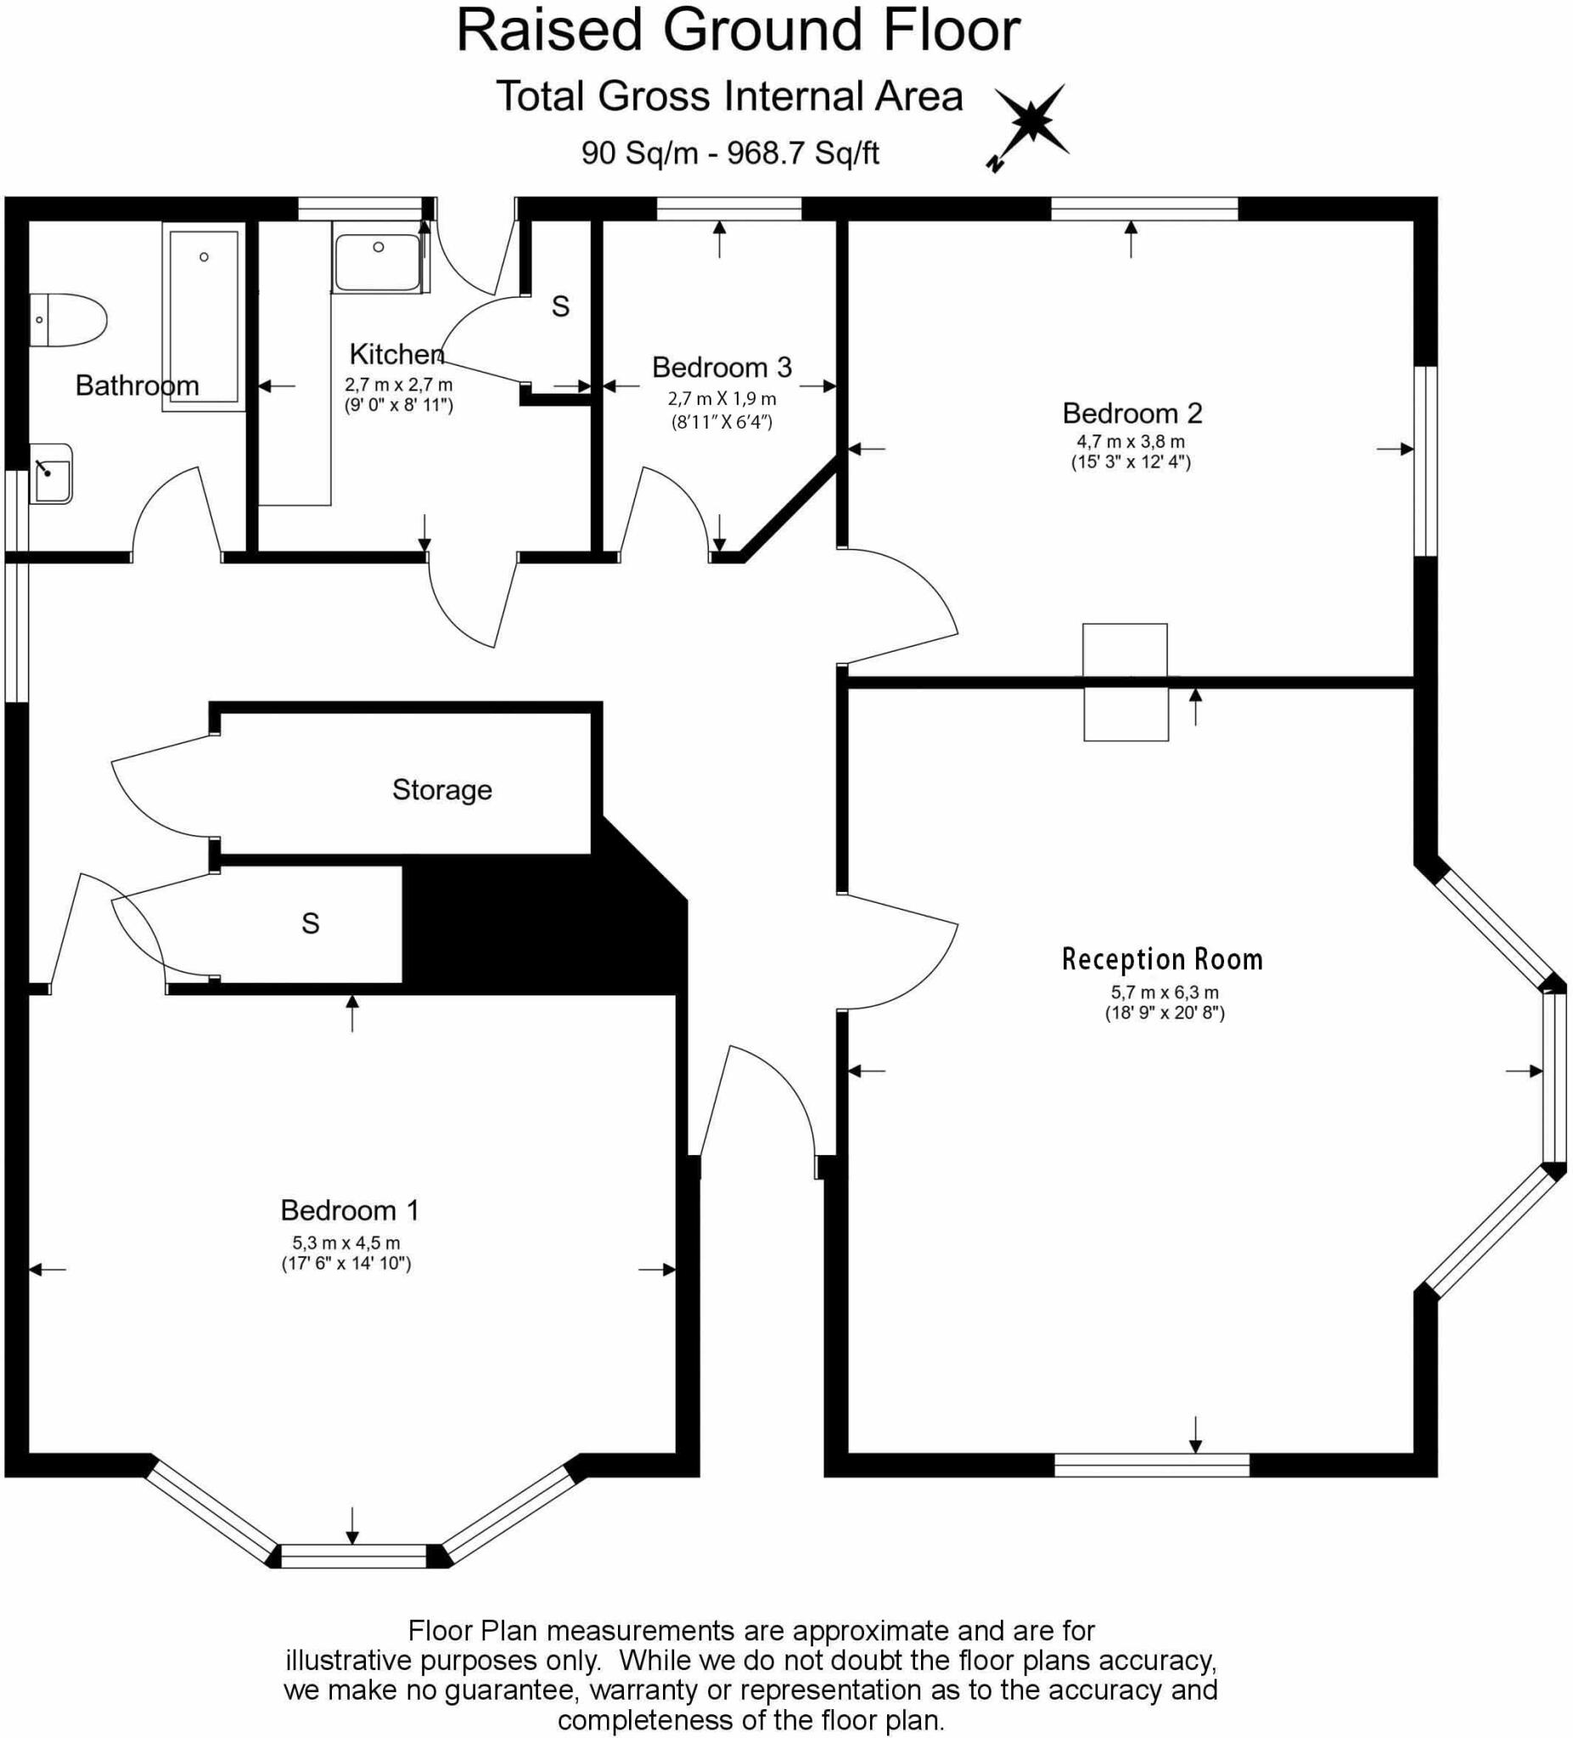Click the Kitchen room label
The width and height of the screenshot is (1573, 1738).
tap(396, 354)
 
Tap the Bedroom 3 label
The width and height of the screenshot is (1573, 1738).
tap(721, 367)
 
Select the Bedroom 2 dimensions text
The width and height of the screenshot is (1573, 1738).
tap(1130, 451)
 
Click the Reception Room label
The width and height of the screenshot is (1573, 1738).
tap(1161, 960)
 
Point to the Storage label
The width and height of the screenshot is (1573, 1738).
tap(441, 790)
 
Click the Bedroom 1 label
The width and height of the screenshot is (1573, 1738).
tap(349, 1210)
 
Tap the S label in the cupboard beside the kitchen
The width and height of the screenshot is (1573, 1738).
tap(560, 306)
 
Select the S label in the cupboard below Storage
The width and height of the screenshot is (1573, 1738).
tap(311, 923)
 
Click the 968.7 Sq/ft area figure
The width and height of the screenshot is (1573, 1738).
tap(803, 154)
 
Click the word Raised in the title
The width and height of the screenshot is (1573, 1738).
tap(549, 31)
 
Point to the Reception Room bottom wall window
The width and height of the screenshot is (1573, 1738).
tap(1151, 1465)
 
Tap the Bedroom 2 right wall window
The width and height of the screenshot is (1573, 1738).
tap(1424, 460)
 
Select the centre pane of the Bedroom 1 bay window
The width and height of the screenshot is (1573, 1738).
tap(354, 1556)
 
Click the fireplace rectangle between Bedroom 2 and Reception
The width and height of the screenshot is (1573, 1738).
tap(1126, 682)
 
